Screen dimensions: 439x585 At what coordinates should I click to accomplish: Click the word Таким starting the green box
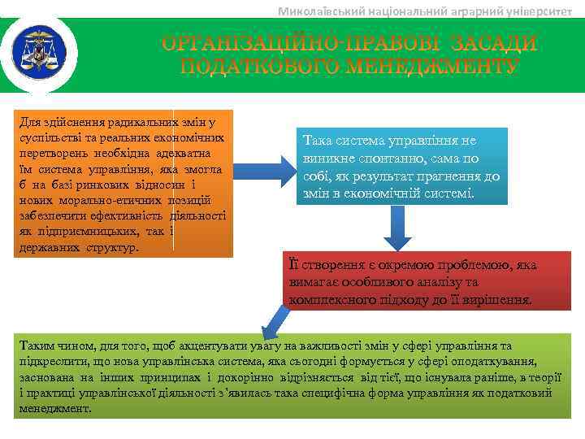coord(37,345)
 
